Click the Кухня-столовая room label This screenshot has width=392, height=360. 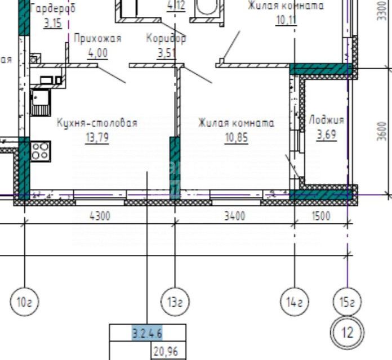pos(97,123)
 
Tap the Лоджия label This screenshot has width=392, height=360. pos(326,120)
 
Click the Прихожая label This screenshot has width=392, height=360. pos(98,39)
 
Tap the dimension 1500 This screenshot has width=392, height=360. pos(319,215)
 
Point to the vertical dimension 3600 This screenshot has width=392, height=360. pos(382,131)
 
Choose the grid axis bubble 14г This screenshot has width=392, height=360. pos(293,303)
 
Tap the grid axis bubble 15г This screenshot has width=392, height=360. pos(348,303)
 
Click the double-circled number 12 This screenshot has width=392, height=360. pos(348,332)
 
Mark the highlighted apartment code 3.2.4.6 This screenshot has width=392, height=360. pos(147,333)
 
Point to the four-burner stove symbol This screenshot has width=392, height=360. pos(40,150)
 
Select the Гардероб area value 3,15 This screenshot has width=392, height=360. pos(54,24)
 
